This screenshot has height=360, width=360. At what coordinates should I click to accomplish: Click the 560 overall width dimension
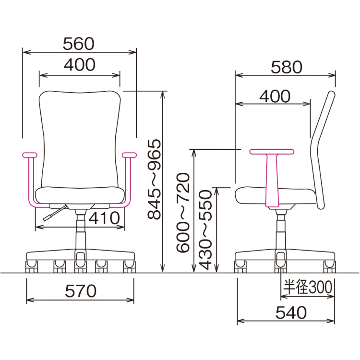[79, 44]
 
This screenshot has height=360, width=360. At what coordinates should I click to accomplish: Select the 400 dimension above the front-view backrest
[79, 65]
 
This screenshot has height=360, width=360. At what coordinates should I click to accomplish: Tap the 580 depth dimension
[286, 67]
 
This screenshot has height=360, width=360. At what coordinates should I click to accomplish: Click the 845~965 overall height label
[155, 180]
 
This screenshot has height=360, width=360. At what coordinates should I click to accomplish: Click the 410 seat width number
[103, 218]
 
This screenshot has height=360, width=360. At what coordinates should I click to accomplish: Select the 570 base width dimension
[80, 290]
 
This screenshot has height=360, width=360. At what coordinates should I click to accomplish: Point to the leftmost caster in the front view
[32, 265]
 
